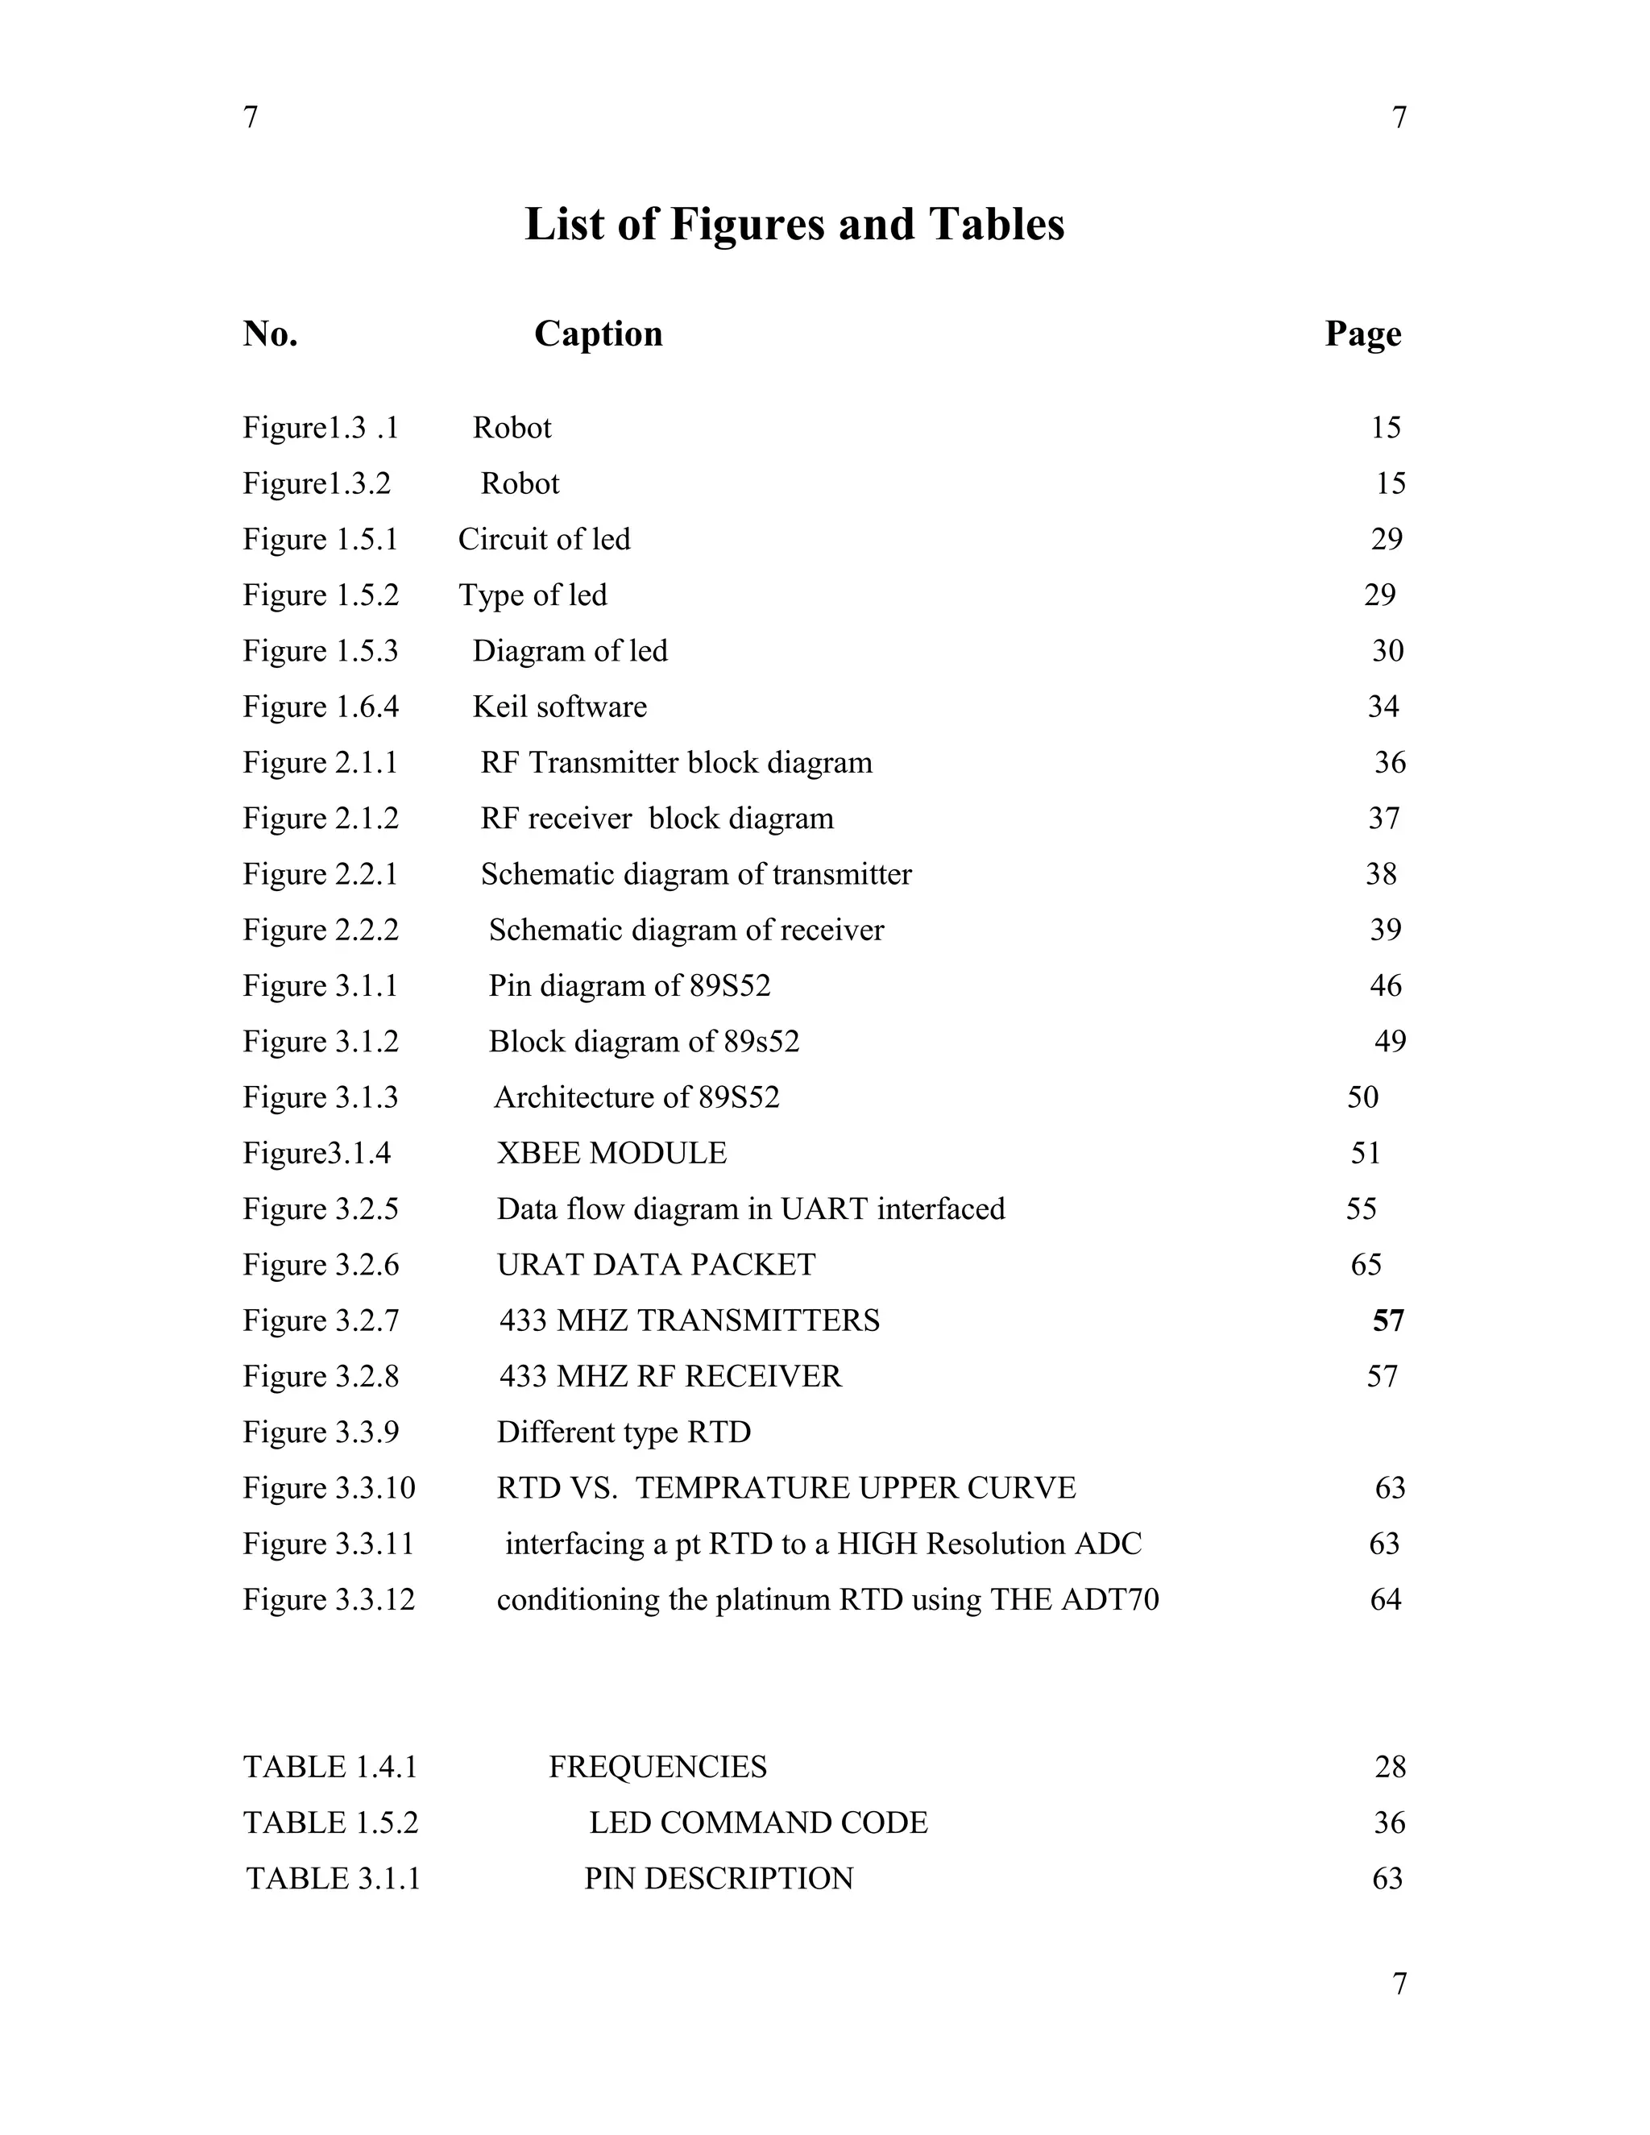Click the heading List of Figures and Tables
click(x=794, y=224)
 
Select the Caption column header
click(x=599, y=334)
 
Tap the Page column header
click(x=1362, y=334)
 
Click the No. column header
click(x=270, y=334)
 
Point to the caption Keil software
click(x=559, y=707)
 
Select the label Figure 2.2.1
click(x=321, y=874)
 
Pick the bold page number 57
click(x=1388, y=1320)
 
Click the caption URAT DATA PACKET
click(x=656, y=1265)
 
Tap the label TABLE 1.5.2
click(x=330, y=1823)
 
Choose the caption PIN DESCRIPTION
click(x=719, y=1879)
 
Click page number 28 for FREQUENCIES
click(x=1390, y=1768)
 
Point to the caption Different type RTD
click(x=624, y=1432)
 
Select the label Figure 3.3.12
click(x=329, y=1599)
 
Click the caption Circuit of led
click(x=545, y=540)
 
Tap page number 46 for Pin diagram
click(x=1385, y=985)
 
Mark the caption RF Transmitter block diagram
click(x=677, y=762)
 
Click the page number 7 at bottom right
click(x=1399, y=1984)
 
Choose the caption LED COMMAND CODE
click(x=757, y=1823)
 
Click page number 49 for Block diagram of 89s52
click(x=1390, y=1042)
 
